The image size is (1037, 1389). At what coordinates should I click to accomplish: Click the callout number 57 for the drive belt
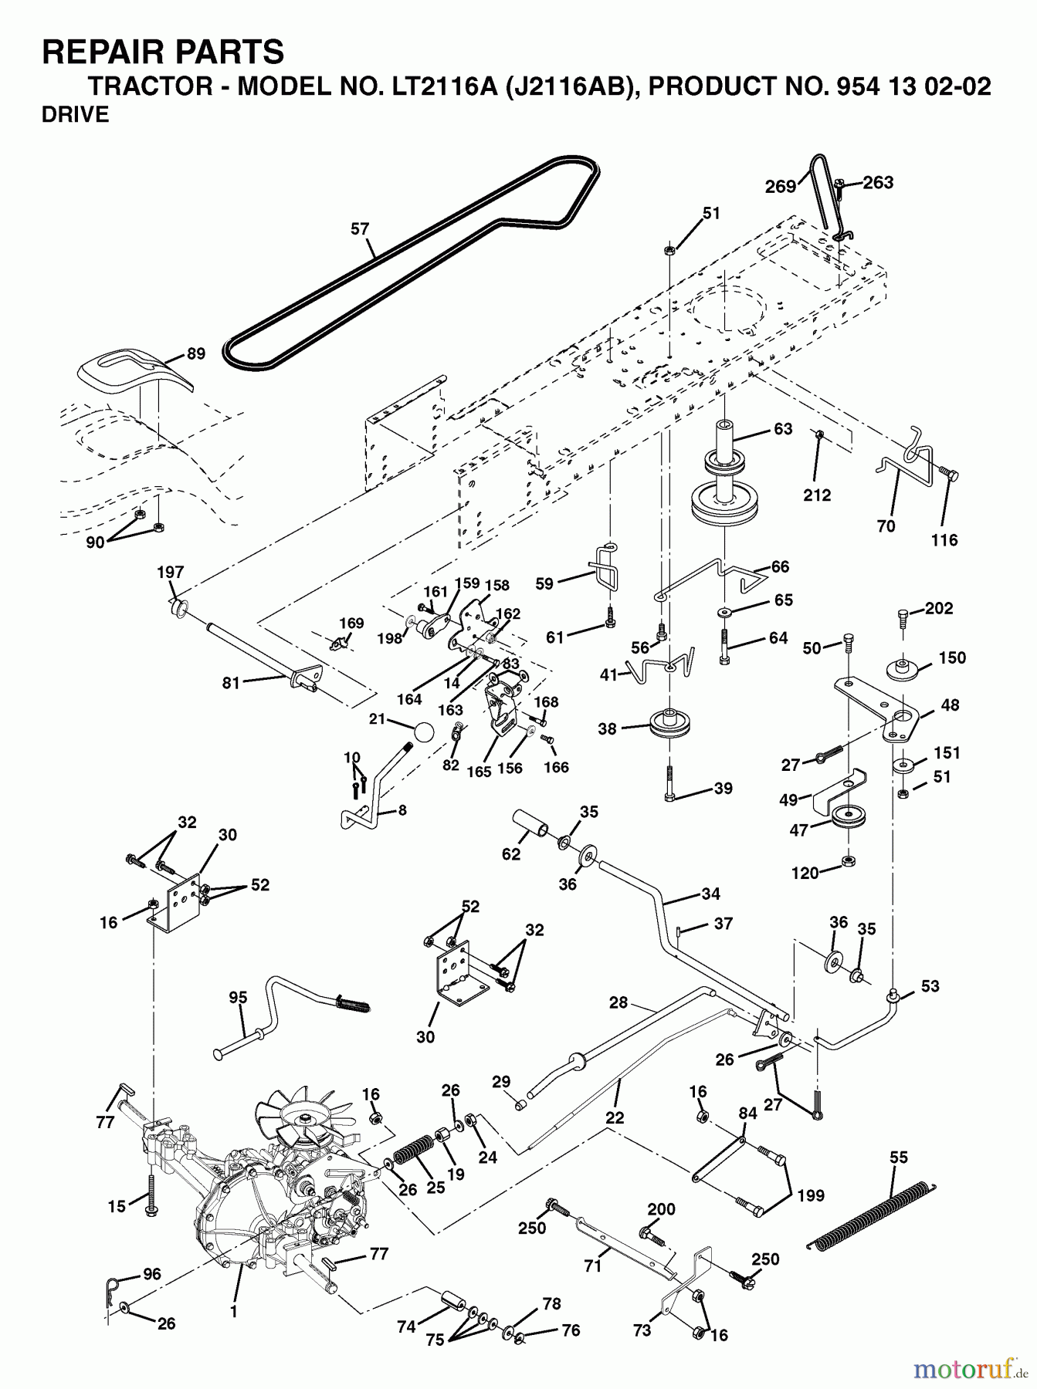360,229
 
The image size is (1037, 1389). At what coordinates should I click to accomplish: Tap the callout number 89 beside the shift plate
196,354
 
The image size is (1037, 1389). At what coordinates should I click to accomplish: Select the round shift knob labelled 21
422,732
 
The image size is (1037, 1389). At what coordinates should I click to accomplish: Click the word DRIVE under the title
76,116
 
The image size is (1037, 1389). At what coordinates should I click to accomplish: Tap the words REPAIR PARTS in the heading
163,53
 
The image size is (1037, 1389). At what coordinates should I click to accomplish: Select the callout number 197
171,572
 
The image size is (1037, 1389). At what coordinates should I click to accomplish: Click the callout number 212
817,495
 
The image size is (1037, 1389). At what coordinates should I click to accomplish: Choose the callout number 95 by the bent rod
238,998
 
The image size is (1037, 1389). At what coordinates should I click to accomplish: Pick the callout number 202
939,608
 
